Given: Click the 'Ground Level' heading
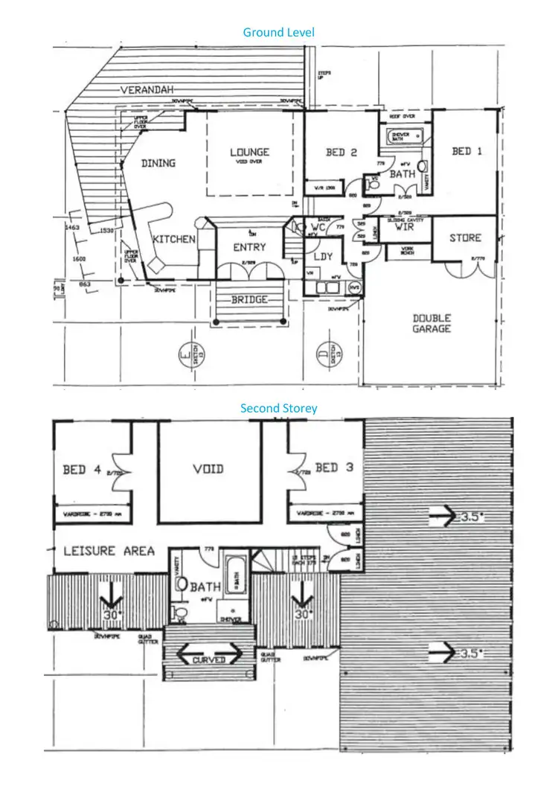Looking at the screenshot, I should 278,32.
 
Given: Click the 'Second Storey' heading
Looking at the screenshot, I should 278,408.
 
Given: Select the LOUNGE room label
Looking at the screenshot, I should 249,152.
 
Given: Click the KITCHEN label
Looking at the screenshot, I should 174,239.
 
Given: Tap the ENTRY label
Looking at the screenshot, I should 249,247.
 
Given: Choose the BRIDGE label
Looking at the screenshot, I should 248,299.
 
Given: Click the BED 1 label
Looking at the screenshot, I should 466,151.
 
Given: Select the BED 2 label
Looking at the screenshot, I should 341,153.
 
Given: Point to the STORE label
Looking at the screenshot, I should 465,238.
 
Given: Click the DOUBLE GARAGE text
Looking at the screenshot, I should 432,323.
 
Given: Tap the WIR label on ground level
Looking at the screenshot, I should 404,228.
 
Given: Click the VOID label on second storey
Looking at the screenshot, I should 208,469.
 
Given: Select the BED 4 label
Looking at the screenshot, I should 83,470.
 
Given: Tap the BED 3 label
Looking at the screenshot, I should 335,467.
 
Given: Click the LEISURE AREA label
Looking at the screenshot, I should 109,551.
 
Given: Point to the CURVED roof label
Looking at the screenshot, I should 208,659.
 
